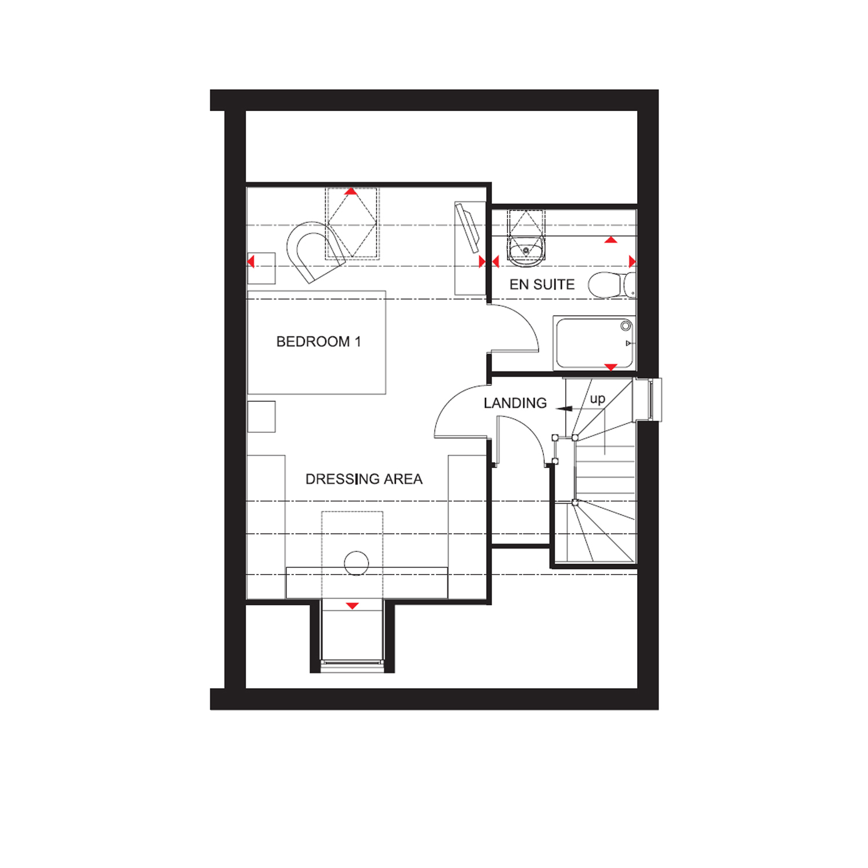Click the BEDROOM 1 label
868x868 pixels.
318,341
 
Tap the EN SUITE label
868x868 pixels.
542,284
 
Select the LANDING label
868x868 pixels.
515,403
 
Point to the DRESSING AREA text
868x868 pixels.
363,479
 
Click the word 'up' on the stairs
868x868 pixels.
597,399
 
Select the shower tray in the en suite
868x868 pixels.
594,343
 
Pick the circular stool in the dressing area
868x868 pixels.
356,562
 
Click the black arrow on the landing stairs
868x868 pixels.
564,409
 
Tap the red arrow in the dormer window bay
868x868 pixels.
352,606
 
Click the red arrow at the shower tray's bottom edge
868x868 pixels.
610,367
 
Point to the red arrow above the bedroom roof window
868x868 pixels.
351,191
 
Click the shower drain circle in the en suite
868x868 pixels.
626,326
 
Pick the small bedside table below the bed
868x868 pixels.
261,416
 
